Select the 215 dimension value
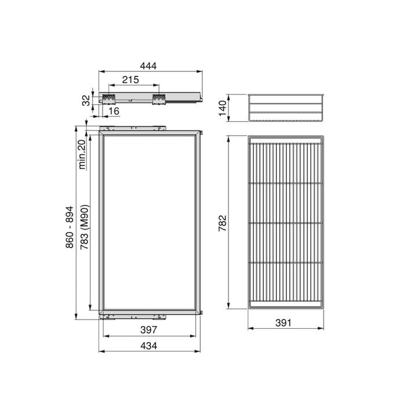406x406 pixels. point(130,80)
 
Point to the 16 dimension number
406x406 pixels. point(113,110)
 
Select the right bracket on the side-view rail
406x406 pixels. point(158,97)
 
